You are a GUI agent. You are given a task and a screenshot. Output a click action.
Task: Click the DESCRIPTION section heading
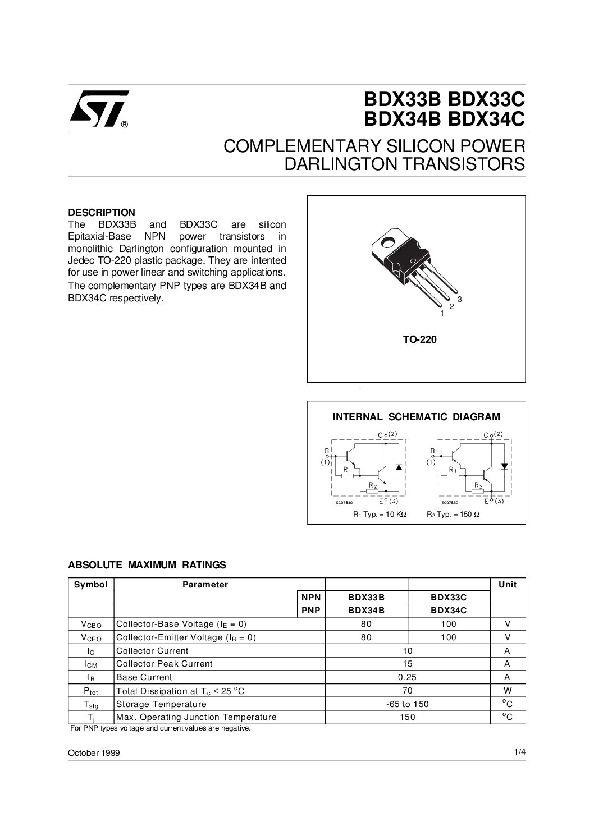[102, 213]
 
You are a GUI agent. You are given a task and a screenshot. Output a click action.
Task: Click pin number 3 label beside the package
[459, 300]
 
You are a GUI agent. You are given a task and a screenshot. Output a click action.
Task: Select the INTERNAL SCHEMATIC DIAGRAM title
[416, 417]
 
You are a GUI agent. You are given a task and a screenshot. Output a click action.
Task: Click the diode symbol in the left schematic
[399, 467]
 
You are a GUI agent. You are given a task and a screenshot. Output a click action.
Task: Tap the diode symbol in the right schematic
[504, 466]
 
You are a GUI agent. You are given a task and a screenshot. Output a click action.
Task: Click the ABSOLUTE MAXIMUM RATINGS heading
[147, 564]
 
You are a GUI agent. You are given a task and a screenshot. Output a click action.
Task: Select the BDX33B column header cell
[366, 598]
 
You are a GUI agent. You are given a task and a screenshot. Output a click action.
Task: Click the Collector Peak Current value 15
[408, 664]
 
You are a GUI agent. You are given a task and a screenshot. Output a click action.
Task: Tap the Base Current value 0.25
[408, 677]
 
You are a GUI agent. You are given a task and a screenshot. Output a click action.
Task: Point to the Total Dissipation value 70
[408, 691]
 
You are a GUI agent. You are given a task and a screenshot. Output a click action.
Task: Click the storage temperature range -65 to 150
[408, 704]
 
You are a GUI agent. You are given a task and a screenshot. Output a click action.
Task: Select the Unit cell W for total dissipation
[507, 691]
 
